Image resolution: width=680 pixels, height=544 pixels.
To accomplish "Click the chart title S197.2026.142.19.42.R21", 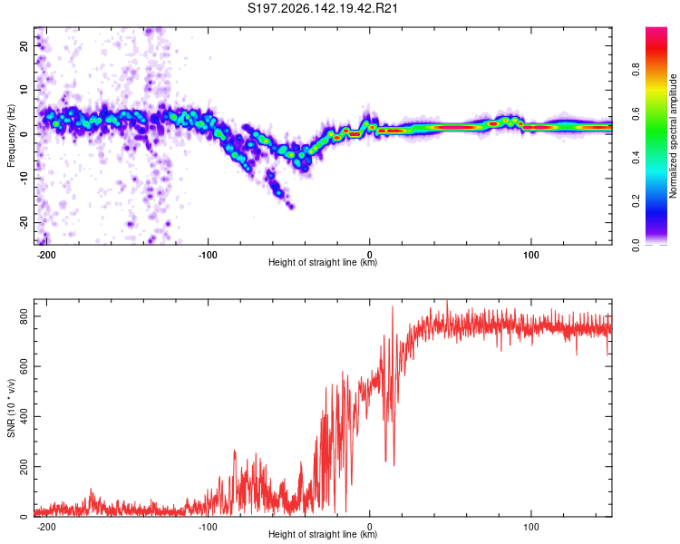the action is click(322, 8).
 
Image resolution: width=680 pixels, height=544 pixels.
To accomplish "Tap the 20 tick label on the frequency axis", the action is click(24, 45).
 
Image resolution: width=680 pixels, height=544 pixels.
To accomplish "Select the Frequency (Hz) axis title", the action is click(11, 136).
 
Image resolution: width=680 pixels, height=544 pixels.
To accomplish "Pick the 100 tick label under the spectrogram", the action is click(530, 255).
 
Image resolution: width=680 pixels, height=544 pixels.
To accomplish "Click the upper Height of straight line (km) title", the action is click(323, 262).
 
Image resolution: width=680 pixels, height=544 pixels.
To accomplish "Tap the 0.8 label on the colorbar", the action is click(636, 70).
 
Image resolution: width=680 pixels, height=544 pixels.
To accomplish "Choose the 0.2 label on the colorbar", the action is click(636, 201).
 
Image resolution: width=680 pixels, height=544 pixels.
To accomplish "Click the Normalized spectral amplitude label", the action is click(673, 136).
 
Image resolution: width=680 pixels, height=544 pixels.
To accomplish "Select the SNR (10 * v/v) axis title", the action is click(11, 408).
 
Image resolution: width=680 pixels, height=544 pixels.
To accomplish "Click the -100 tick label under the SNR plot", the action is click(208, 527).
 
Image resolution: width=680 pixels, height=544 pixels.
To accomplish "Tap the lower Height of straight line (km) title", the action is click(323, 534).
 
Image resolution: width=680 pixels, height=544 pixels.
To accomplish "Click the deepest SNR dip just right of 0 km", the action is click(393, 465).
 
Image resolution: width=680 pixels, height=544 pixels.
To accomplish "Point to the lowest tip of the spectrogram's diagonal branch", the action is click(292, 207).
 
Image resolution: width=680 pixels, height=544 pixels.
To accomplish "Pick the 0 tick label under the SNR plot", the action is click(370, 527).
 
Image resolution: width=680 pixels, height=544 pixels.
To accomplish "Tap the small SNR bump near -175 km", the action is click(91, 491).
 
